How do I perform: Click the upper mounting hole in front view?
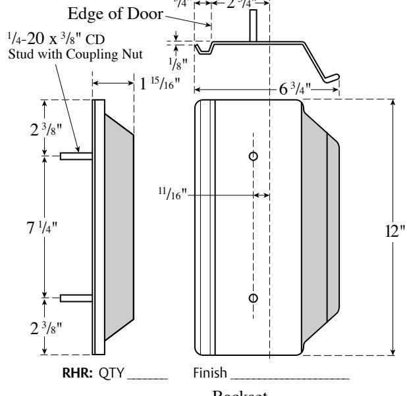point(253,156)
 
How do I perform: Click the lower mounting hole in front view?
point(253,298)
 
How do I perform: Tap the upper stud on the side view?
point(76,156)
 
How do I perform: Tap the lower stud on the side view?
point(76,298)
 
